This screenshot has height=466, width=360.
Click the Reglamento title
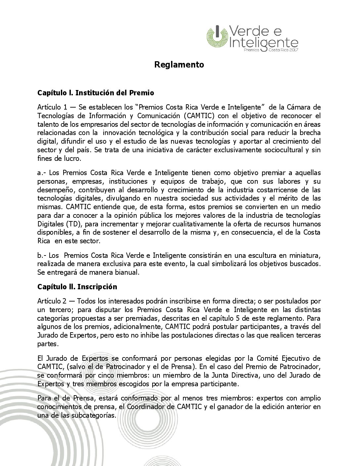(x=179, y=65)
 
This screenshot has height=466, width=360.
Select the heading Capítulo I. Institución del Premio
(x=95, y=93)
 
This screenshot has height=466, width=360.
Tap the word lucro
(x=72, y=159)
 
